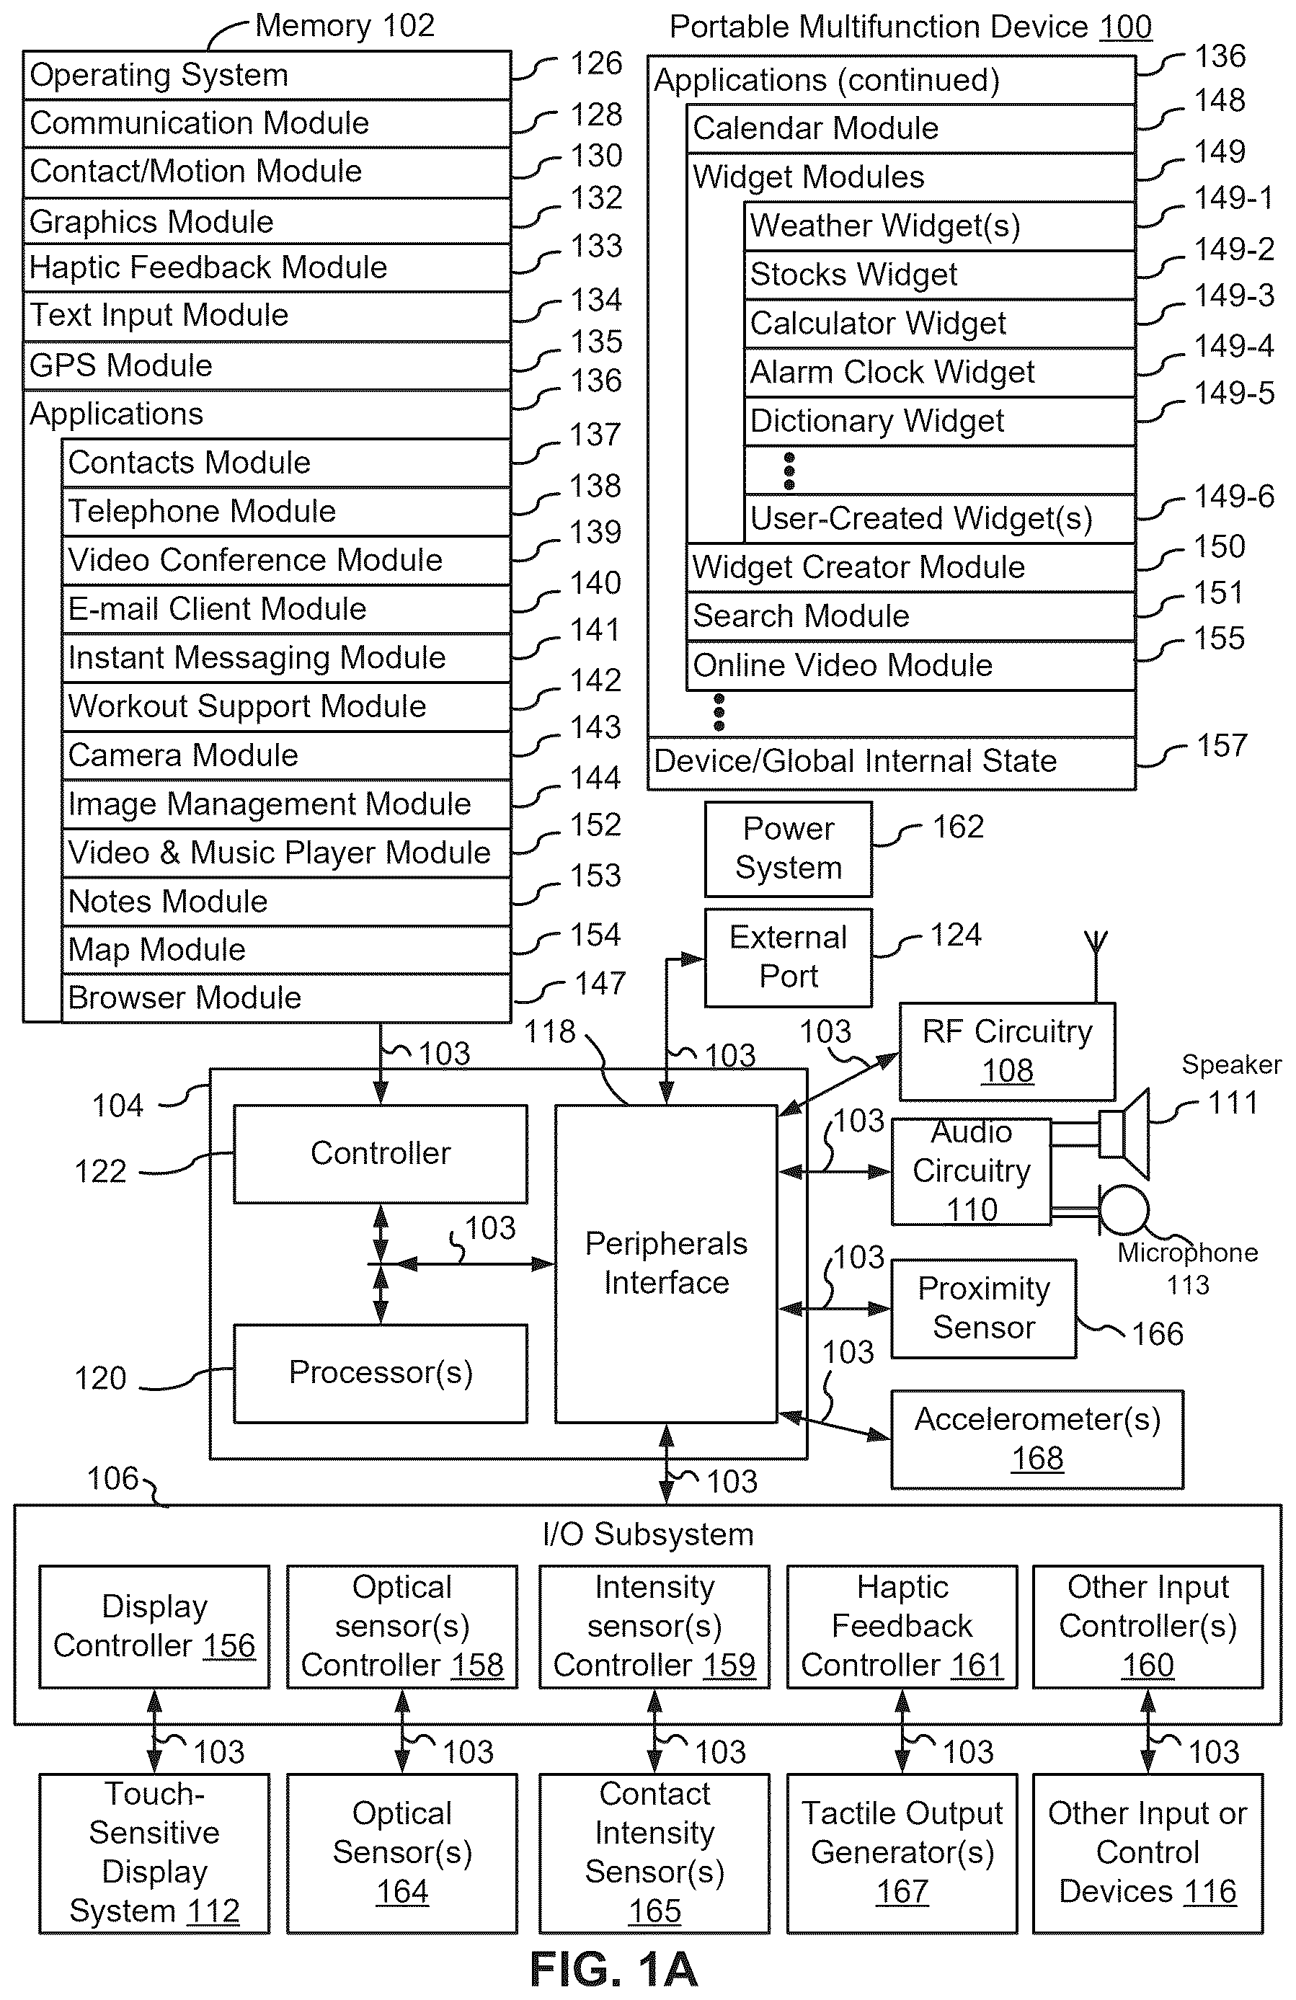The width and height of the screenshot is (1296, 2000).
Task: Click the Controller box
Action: tap(380, 1153)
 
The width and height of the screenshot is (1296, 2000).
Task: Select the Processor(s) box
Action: tap(380, 1373)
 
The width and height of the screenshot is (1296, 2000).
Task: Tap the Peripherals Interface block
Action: tap(665, 1263)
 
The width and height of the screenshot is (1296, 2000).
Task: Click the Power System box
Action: tap(789, 849)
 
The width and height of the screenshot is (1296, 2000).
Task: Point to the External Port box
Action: tap(789, 957)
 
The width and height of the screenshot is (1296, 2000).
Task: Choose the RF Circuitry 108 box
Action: tap(1007, 1052)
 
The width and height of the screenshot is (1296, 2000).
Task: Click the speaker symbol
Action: tap(1124, 1133)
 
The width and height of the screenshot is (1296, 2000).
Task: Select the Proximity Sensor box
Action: tap(983, 1308)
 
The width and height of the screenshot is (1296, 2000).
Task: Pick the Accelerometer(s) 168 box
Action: tap(1037, 1439)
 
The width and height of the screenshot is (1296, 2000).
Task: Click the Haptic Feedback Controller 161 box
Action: tap(902, 1626)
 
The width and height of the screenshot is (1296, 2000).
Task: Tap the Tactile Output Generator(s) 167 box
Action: tap(902, 1853)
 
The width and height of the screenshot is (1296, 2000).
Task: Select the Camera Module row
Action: tap(285, 755)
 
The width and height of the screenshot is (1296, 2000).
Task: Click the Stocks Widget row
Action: tap(938, 274)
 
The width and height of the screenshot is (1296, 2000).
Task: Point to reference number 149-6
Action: tap(1234, 497)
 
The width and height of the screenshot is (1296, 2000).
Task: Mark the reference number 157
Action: tap(1221, 745)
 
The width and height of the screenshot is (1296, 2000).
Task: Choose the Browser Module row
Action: tap(285, 997)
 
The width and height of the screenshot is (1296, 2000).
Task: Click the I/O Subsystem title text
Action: tap(648, 1534)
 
